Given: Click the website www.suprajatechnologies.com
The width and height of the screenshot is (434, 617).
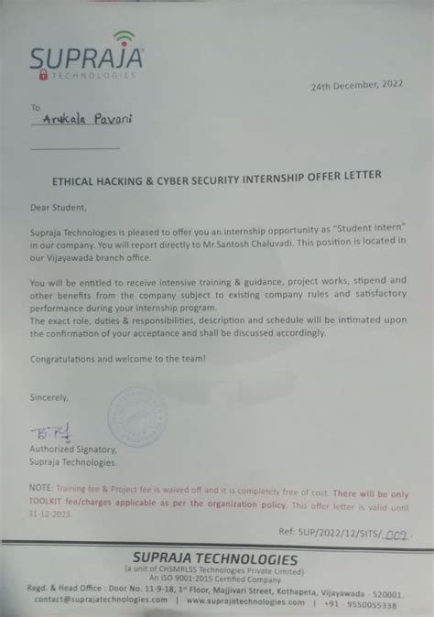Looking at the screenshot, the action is (248, 604).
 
